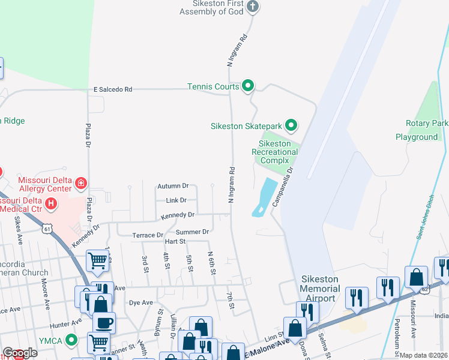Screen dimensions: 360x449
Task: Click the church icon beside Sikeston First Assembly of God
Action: coord(253,7)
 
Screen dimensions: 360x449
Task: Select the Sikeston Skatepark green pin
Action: coord(291,125)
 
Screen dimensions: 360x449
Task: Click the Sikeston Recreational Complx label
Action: coord(274,152)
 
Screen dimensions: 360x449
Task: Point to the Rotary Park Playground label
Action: coord(421,130)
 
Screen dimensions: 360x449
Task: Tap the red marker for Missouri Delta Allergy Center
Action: coord(80,182)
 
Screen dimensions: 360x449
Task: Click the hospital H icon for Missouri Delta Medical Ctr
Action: coord(51,204)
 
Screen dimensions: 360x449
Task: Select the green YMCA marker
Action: coord(71,341)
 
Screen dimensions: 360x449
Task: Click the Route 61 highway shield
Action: coord(47,229)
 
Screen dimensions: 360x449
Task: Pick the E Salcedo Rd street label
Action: coord(112,89)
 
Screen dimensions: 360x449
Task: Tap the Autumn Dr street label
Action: coord(172,186)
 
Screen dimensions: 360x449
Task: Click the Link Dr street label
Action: coord(176,200)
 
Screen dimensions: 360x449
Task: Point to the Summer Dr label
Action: coord(192,232)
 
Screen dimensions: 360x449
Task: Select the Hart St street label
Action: coord(174,241)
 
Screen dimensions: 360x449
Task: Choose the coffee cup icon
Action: coord(104,322)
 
